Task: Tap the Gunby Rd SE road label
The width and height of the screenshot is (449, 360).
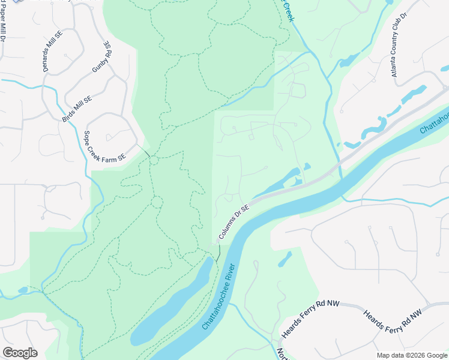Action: [x=101, y=57]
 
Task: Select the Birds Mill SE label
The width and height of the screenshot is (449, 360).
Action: [x=77, y=109]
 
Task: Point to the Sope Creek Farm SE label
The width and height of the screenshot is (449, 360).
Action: [x=104, y=146]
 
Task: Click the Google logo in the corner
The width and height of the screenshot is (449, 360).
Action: [x=20, y=353]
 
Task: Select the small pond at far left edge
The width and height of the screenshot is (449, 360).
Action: [x=23, y=290]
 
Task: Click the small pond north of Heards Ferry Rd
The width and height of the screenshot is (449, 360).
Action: [x=286, y=259]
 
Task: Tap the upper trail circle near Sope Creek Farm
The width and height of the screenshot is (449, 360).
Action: [x=154, y=160]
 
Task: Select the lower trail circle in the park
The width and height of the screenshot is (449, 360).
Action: [x=157, y=202]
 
